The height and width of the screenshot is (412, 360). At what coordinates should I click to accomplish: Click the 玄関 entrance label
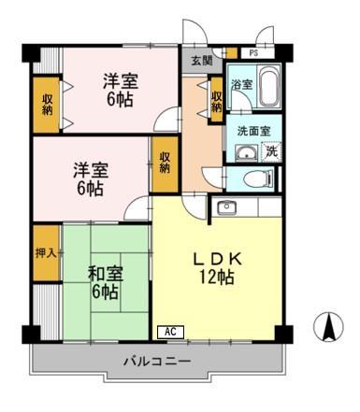coord(201,61)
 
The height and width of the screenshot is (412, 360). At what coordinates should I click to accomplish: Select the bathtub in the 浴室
coord(268,85)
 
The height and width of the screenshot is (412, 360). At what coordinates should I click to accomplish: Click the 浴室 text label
coord(241,84)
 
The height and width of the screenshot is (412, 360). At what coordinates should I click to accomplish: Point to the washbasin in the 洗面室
coord(246,153)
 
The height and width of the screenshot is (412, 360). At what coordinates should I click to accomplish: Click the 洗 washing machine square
coord(271,151)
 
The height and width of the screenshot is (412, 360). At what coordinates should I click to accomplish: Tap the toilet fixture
coord(258,179)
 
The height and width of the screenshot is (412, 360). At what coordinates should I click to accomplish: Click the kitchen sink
coord(227,207)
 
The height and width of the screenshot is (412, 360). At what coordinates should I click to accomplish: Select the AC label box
coord(170,332)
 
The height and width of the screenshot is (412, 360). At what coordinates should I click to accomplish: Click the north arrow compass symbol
coord(328,326)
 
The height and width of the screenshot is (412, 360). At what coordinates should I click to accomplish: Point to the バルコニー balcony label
coord(157,362)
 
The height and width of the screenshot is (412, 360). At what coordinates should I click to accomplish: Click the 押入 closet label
coord(46,253)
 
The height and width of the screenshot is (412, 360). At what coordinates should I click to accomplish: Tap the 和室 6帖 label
coord(106,282)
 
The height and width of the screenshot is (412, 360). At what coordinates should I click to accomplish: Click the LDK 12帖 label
coord(217,268)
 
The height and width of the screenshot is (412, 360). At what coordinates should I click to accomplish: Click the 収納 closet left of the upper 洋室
coord(47,105)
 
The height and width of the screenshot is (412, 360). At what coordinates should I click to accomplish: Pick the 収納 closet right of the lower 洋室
coord(165,164)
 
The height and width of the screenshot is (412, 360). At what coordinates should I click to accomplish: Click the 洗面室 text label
coord(253,131)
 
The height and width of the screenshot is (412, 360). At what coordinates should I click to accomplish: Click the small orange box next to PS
coord(232,53)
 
